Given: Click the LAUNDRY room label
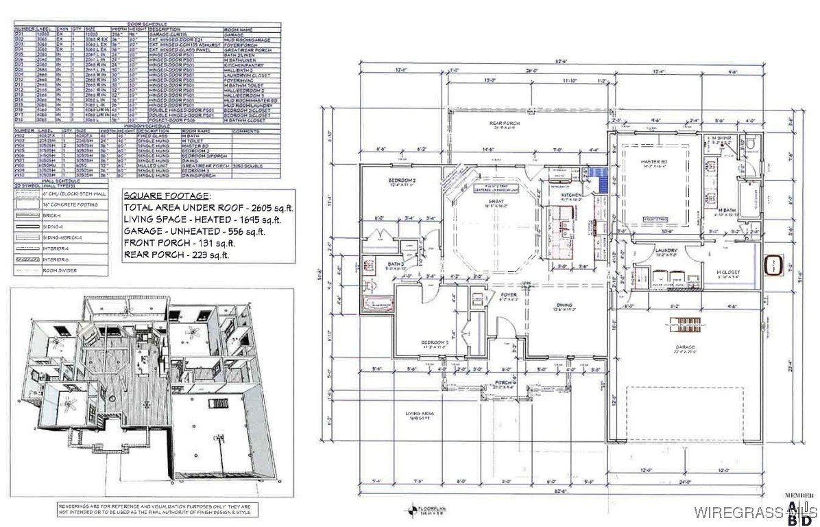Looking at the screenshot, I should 666,251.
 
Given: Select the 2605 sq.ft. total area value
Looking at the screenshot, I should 257,207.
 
